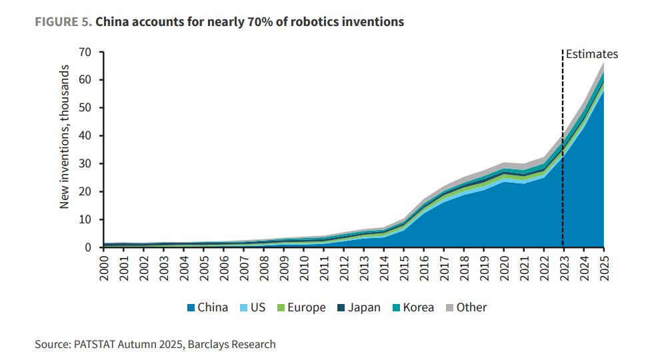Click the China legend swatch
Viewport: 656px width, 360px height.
(x=191, y=308)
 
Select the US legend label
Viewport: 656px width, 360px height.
(x=258, y=308)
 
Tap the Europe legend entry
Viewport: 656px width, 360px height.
(x=301, y=308)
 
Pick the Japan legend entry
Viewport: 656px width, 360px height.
(x=359, y=308)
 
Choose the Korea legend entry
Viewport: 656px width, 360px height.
(x=413, y=308)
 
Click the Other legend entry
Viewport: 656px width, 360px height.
(x=466, y=308)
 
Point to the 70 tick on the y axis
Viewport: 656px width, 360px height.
(x=85, y=52)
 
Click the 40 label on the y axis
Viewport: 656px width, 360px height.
(x=85, y=135)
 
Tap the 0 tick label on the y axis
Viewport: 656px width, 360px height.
(x=88, y=247)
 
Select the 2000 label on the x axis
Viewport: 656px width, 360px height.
(x=104, y=268)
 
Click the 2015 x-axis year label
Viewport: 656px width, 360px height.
(x=404, y=268)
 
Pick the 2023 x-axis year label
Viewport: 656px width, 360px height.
(x=564, y=268)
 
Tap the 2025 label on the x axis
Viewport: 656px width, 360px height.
(x=604, y=268)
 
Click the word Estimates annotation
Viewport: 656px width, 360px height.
(x=592, y=54)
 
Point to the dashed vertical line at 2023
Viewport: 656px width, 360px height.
(x=563, y=148)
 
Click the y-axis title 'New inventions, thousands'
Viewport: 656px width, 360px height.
(x=64, y=137)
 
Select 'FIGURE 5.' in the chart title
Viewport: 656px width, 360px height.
(x=63, y=22)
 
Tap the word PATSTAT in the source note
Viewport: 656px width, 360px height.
(x=94, y=344)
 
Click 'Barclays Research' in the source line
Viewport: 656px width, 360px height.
(x=232, y=344)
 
